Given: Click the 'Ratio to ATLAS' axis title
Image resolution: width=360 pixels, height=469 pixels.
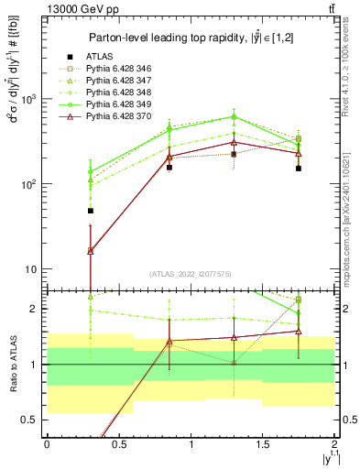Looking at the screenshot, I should click(12, 365).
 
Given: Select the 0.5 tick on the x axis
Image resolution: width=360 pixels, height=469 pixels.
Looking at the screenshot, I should click(118, 444).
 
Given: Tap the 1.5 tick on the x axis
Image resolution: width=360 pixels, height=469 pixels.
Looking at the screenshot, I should click(263, 444).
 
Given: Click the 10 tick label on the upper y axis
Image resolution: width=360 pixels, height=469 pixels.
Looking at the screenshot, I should click(31, 269).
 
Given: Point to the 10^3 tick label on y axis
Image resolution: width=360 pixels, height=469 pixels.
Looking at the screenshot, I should click(29, 99).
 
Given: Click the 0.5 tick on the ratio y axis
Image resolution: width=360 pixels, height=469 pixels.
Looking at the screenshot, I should click(31, 420).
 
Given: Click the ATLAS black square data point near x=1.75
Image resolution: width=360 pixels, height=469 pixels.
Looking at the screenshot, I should click(299, 169).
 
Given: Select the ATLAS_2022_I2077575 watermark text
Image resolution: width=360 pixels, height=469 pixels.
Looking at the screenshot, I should click(191, 274).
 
